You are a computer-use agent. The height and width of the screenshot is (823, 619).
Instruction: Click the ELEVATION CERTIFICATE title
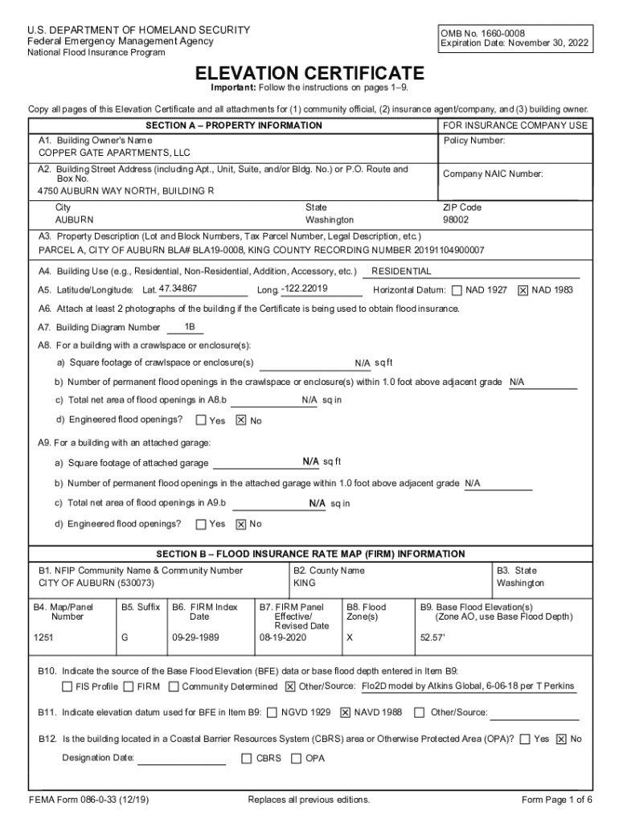point(309,73)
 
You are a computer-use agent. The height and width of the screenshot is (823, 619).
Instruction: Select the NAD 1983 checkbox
point(523,290)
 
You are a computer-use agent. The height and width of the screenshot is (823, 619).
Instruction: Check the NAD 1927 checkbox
point(457,290)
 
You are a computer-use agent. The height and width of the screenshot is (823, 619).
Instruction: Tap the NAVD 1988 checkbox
point(345,712)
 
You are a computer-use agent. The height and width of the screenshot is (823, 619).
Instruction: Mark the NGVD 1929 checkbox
point(273,712)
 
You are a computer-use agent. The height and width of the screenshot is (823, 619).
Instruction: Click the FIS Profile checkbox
point(68,687)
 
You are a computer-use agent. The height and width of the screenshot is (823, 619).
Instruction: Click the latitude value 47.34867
point(178,289)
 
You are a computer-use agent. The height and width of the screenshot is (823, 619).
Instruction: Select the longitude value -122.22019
point(310,289)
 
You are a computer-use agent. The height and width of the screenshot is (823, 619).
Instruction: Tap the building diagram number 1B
point(190,326)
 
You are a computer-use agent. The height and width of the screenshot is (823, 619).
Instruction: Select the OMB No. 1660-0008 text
point(482,33)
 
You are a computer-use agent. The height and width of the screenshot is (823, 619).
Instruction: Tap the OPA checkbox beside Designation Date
point(297,758)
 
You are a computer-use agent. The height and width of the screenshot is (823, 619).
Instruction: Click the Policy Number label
point(474,141)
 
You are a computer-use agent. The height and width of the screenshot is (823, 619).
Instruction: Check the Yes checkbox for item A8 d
point(201,420)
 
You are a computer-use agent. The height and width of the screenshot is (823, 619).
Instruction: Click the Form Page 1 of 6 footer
point(557,800)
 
